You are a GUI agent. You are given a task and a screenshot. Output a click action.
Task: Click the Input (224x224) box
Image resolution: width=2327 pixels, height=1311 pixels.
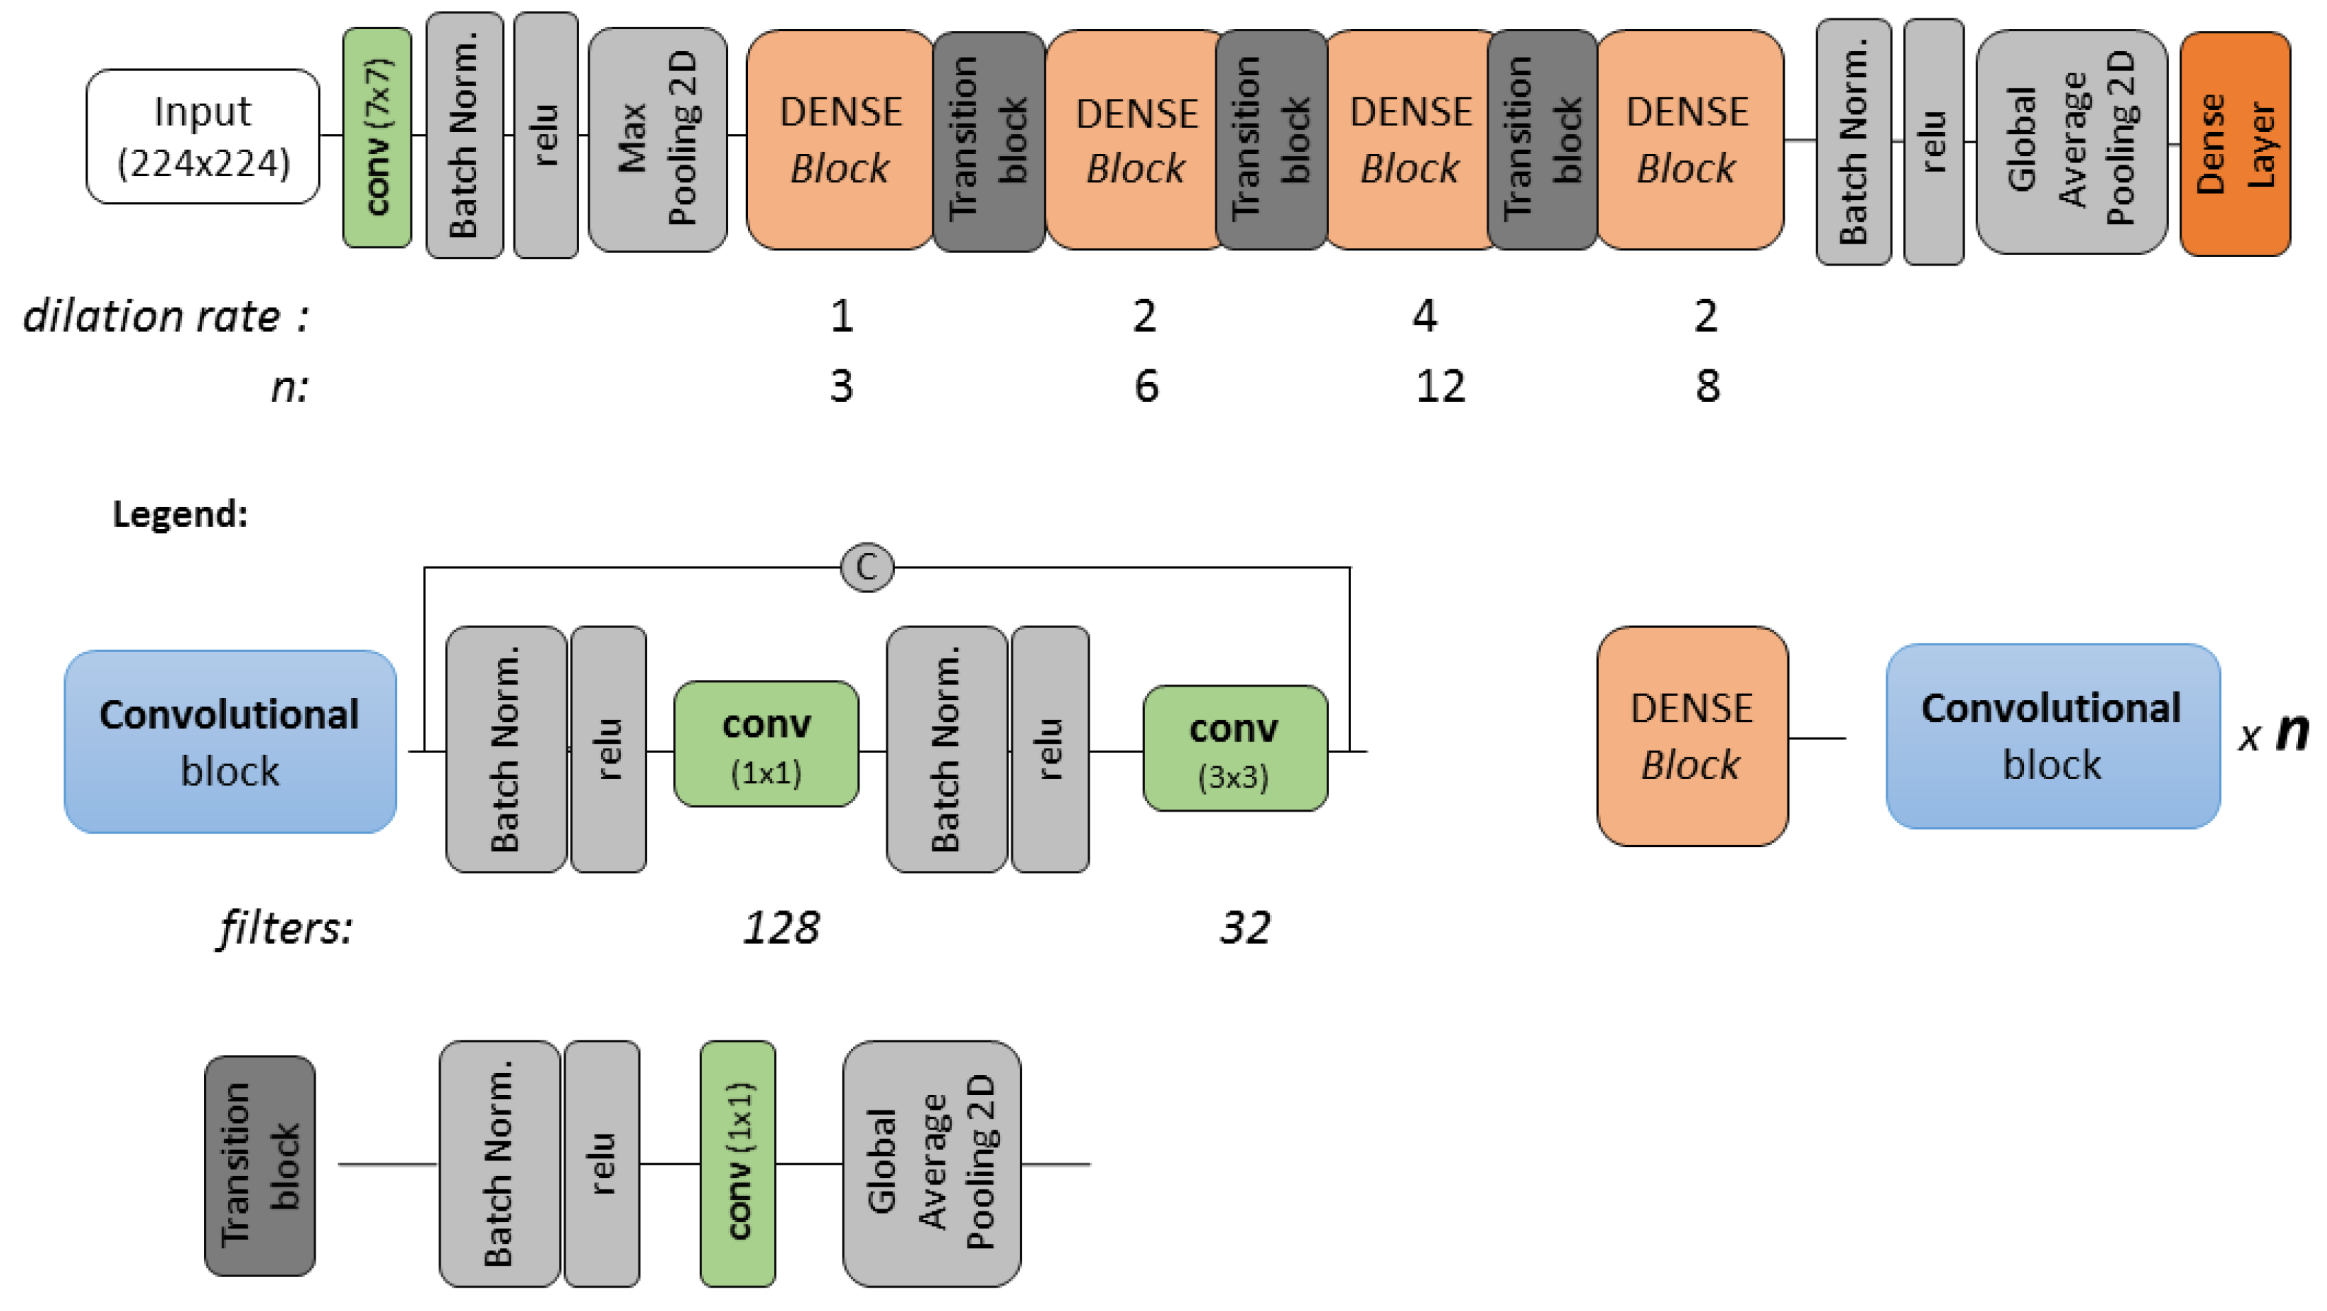point(203,136)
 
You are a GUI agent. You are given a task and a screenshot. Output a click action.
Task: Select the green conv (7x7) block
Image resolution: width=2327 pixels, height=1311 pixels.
point(376,136)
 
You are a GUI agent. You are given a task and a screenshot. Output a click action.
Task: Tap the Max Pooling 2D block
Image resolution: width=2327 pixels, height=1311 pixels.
point(657,138)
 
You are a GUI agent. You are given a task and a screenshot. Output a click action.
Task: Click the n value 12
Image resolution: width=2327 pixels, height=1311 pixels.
point(1439,386)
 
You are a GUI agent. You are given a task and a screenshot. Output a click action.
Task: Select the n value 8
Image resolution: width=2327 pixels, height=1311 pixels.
point(1706,386)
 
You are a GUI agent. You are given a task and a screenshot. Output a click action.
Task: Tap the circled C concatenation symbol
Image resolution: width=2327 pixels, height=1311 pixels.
point(867,567)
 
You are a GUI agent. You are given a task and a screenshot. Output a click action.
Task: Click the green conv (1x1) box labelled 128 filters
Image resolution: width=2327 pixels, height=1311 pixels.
point(766,744)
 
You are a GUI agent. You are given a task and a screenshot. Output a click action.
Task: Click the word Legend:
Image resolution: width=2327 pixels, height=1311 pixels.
point(180,514)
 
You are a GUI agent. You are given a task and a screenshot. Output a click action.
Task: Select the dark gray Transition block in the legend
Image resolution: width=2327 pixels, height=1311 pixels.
point(260,1165)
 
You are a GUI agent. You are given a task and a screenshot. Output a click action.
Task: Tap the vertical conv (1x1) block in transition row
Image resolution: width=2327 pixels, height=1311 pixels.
point(737,1164)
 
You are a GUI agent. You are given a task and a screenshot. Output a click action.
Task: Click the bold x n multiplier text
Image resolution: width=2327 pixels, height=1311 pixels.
point(2273,734)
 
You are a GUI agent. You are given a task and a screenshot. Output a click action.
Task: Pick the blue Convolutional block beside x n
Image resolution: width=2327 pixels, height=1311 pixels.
point(2052,736)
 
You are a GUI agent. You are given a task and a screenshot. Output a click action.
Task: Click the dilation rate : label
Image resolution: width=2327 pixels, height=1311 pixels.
point(166,317)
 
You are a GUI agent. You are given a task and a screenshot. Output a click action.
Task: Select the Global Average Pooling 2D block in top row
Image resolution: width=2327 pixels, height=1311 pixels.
point(2071,142)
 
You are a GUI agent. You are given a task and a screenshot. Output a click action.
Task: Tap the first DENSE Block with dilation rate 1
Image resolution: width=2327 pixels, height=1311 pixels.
point(840,139)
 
